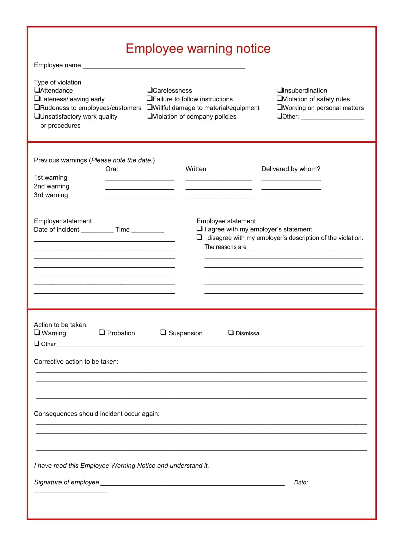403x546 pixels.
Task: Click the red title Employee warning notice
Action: click(x=198, y=49)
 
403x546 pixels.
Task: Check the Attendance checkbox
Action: click(x=37, y=90)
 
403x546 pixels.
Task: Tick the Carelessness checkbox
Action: click(x=149, y=90)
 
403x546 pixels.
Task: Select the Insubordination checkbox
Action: click(x=279, y=90)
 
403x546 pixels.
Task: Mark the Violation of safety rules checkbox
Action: click(x=279, y=99)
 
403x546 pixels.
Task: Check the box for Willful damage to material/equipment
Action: click(x=149, y=107)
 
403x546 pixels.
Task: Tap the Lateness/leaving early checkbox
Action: click(x=37, y=99)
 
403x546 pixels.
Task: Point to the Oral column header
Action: click(x=112, y=169)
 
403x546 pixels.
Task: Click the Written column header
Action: click(x=196, y=169)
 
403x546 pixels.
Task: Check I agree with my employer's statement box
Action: click(x=199, y=229)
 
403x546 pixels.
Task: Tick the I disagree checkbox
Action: click(x=199, y=237)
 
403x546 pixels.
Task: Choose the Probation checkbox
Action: click(x=102, y=332)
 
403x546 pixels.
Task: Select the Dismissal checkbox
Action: click(x=231, y=333)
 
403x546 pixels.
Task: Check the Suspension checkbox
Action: click(x=163, y=332)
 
